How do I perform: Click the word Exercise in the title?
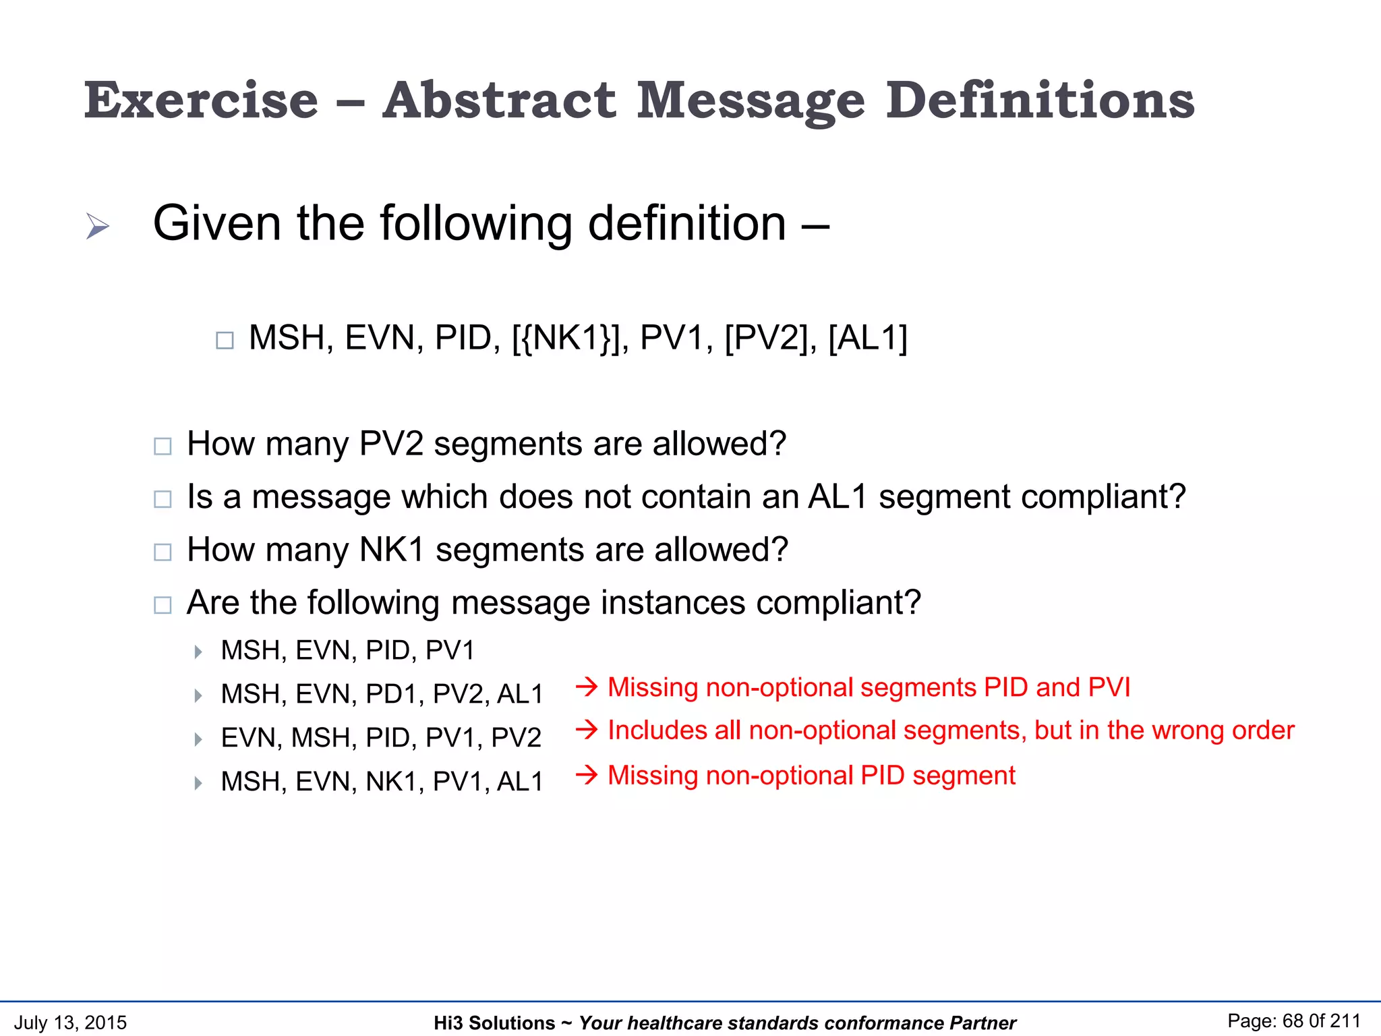[201, 101]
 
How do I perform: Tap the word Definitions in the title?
[1039, 101]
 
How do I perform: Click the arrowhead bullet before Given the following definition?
[98, 226]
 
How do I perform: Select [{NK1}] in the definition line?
[570, 338]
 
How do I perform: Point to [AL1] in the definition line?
[867, 338]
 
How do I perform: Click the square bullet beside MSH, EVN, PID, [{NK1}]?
[225, 340]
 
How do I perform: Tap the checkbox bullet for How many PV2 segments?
[163, 447]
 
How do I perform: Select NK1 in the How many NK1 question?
[392, 550]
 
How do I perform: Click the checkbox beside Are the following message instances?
[163, 605]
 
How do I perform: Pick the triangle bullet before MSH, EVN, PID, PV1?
[198, 652]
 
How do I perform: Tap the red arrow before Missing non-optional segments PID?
[587, 687]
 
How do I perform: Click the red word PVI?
[1109, 687]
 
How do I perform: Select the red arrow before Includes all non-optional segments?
[587, 730]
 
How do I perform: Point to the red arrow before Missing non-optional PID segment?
[587, 775]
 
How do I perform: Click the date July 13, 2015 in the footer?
[70, 1023]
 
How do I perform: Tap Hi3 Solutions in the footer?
[494, 1023]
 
